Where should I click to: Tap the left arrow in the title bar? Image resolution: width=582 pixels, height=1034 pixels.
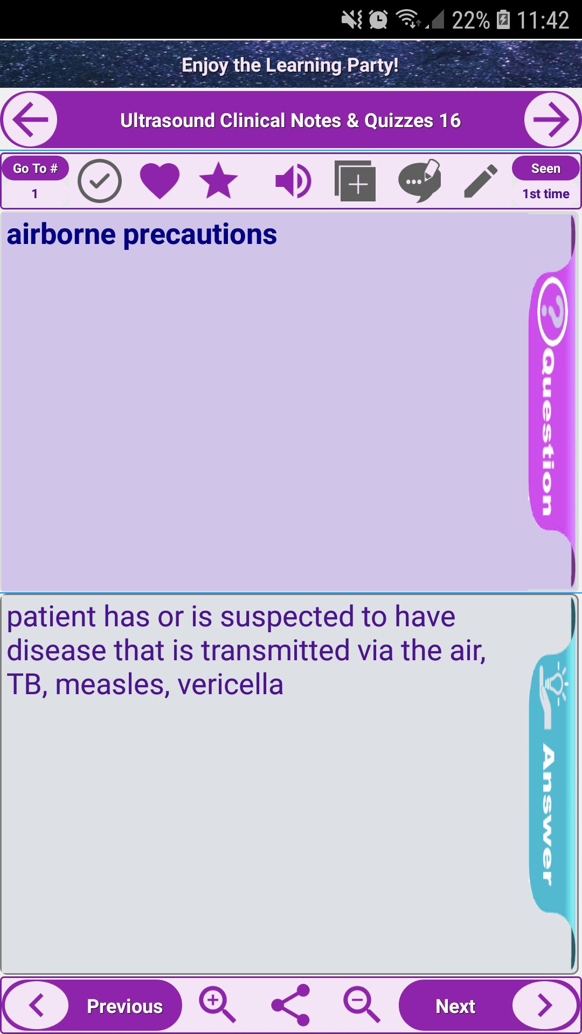[30, 120]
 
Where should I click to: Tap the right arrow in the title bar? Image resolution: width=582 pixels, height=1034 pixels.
[552, 120]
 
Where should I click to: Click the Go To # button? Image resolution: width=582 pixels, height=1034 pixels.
[36, 169]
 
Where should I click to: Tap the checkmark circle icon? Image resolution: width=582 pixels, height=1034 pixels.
[100, 181]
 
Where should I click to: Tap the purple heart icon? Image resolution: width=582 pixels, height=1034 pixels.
[160, 181]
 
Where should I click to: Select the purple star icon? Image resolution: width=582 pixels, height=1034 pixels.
[218, 180]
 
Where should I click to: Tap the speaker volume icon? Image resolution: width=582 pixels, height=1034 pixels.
[293, 181]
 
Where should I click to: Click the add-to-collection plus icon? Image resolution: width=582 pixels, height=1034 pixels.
[355, 181]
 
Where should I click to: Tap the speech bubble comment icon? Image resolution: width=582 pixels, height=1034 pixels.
[420, 180]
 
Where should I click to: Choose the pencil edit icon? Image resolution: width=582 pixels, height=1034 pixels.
[481, 181]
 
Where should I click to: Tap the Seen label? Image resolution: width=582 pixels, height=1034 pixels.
[546, 169]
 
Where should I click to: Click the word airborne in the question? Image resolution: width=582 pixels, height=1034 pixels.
[61, 234]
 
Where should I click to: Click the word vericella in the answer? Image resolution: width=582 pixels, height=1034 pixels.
[231, 684]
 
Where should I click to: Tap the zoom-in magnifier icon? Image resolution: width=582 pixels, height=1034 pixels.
[218, 1005]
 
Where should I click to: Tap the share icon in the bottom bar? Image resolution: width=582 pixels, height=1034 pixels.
[290, 1005]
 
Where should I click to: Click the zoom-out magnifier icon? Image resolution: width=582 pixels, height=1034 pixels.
[362, 1005]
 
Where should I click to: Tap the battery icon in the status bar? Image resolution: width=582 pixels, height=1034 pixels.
[503, 19]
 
